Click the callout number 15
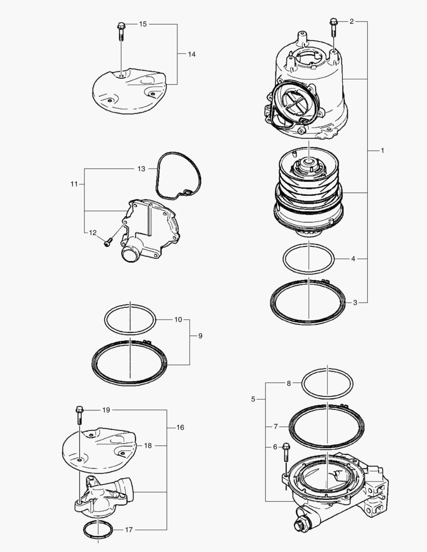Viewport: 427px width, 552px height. (143, 24)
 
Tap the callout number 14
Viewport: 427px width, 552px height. (191, 54)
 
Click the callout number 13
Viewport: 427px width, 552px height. (141, 168)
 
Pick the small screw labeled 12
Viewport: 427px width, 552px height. (108, 243)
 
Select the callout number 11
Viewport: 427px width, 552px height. (74, 183)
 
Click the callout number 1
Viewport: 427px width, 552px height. (383, 151)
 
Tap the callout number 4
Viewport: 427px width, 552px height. (353, 259)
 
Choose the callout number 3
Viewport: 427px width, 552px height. (355, 303)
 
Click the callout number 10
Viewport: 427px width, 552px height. (178, 319)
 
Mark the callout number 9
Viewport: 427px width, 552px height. (200, 336)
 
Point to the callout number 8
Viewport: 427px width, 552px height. (288, 383)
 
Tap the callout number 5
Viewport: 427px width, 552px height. (253, 399)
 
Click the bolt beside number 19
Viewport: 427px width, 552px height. (79, 414)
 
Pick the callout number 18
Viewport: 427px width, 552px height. (148, 446)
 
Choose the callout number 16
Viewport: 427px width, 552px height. (180, 427)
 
